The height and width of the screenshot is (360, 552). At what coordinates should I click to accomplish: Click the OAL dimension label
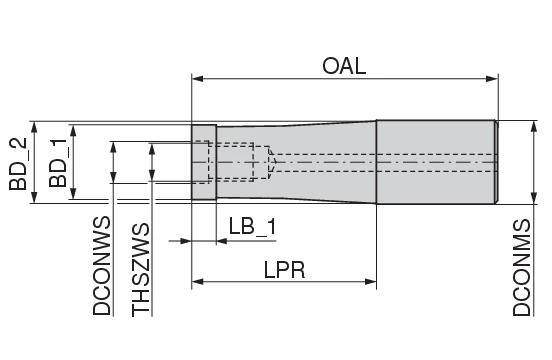(344, 66)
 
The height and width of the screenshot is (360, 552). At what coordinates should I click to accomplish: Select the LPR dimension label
(285, 270)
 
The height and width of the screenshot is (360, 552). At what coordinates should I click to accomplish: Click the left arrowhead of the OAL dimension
(196, 78)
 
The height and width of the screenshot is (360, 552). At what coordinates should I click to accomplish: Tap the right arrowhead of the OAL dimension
(493, 78)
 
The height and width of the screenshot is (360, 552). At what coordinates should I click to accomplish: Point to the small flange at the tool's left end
(204, 162)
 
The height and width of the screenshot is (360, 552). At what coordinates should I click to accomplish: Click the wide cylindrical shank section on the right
(435, 162)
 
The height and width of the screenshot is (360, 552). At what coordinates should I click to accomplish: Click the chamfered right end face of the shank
(495, 162)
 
